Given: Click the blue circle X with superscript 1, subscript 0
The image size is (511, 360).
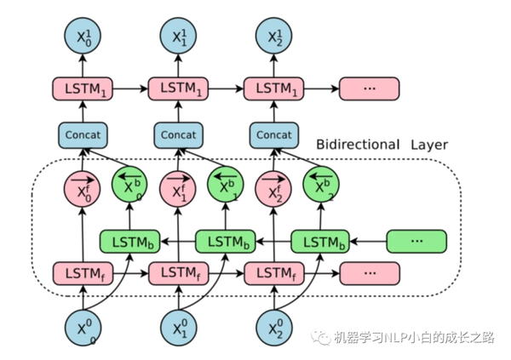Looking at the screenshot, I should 83,36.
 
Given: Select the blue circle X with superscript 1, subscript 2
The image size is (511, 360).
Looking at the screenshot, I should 273,36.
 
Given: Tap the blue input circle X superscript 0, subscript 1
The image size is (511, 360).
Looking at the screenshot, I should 178,328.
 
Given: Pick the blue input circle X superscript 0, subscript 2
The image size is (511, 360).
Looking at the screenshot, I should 273,328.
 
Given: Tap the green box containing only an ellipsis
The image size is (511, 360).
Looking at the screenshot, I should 416,242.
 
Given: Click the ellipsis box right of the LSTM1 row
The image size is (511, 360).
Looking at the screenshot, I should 369,88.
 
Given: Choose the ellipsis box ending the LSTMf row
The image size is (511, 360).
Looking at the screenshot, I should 369,274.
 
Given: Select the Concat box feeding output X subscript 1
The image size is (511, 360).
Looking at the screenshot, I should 178,134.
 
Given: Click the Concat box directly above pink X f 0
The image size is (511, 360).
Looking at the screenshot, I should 83,134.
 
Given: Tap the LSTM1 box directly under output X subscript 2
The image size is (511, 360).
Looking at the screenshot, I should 273,88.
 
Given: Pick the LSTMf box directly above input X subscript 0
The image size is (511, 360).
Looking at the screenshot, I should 83,274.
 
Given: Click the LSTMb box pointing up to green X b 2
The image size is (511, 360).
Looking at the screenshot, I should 321,242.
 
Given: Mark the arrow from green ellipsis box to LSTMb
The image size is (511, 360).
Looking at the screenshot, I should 369,242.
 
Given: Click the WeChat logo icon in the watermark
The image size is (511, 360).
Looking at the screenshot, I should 322,338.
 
